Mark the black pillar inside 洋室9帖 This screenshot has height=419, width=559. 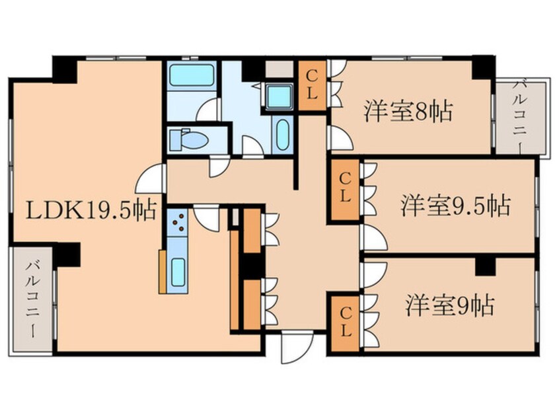coord(485,265)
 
